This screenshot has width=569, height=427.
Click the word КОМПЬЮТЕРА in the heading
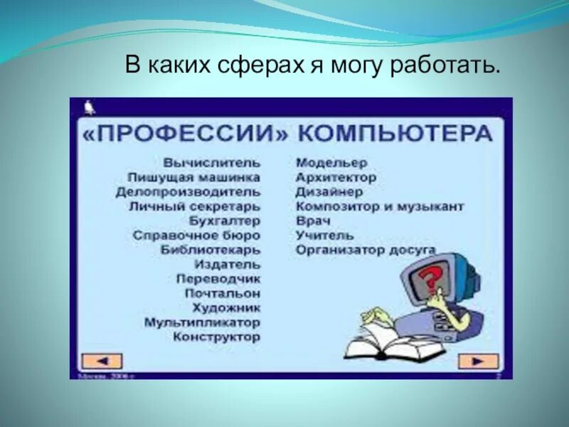[x=394, y=134]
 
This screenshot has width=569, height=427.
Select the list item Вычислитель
[x=211, y=162]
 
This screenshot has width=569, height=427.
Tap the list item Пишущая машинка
[x=193, y=177]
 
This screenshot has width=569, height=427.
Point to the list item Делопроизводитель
[x=188, y=192]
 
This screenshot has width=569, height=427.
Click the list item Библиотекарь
[x=210, y=250]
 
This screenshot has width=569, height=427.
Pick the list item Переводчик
[x=218, y=279]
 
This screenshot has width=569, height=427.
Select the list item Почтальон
[x=222, y=293]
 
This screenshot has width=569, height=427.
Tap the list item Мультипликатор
[x=202, y=322]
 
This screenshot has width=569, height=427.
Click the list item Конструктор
[x=216, y=337]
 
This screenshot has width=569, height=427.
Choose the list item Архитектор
[x=336, y=177]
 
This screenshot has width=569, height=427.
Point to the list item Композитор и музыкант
[x=380, y=206]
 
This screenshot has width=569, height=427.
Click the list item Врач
[x=313, y=221]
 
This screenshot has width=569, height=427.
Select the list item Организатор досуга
[x=366, y=250]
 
